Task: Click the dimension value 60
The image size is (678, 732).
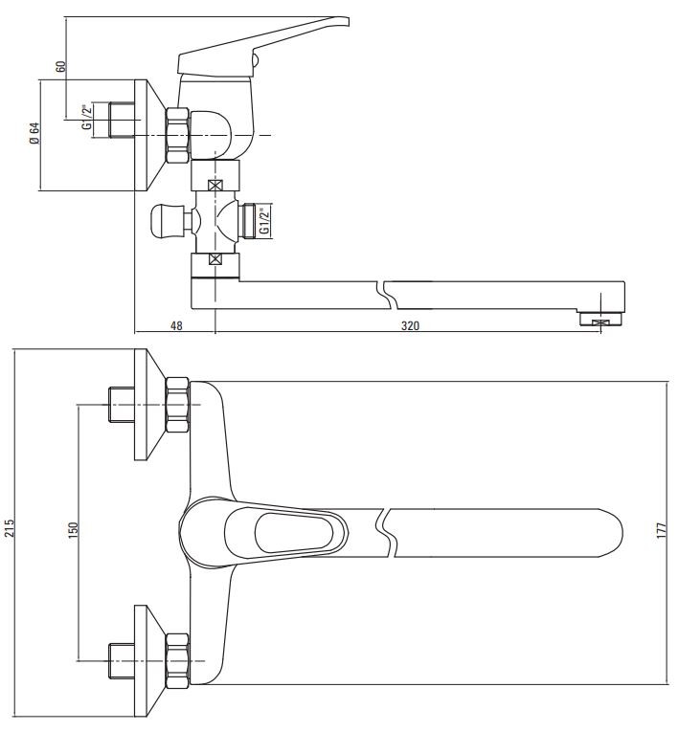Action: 60,67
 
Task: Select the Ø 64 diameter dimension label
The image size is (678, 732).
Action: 34,135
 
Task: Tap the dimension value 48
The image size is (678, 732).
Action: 176,325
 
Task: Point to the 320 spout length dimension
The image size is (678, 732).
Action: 409,325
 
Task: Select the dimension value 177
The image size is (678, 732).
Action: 661,532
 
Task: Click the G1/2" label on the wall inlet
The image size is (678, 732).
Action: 87,118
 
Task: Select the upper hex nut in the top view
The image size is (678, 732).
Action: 177,404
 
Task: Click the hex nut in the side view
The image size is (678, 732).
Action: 178,135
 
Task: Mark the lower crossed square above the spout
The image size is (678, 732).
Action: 215,257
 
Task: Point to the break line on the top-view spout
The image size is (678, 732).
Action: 387,531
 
